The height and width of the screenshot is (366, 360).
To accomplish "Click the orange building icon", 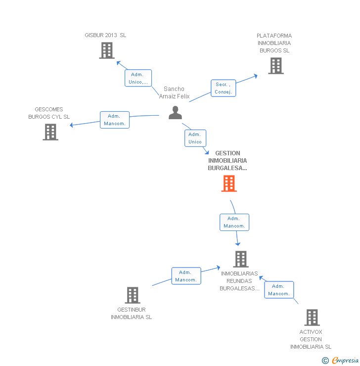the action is tap(229, 183).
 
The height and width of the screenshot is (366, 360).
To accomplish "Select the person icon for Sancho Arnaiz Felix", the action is tap(175, 113).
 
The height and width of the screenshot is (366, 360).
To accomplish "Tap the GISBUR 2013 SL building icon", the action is tap(107, 50).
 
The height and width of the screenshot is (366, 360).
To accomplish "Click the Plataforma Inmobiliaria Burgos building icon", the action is tap(276, 66).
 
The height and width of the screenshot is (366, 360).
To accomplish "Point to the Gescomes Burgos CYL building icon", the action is tap(50, 132).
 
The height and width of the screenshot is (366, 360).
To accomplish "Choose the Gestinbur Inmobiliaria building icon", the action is tap(133, 295).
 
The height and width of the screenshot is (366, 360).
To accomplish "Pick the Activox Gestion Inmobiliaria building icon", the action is tap(312, 318).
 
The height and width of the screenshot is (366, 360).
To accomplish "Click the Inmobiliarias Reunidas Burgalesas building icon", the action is tap(241, 259).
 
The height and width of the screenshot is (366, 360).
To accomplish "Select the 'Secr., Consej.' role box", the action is tap(224, 88).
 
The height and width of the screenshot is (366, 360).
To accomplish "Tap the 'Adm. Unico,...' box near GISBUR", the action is tap(138, 78).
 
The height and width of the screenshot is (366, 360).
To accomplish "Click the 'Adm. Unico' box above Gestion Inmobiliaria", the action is tap(195, 138).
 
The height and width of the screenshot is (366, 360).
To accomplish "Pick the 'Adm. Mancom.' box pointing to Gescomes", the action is tap(115, 120).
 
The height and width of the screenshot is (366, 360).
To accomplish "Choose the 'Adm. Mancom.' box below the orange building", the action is tap(234, 222).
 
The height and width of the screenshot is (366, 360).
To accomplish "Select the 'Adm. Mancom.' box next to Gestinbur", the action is tap(186, 276).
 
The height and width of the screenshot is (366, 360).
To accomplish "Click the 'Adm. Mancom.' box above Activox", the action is tap(279, 290).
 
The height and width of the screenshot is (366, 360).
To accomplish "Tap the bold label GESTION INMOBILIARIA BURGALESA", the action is tap(227, 161).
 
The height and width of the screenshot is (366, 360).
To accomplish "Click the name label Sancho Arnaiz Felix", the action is tap(174, 92).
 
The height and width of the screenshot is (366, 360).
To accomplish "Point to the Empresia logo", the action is tap(340, 361).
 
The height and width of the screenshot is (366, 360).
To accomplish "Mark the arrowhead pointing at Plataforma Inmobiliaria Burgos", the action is tap(256, 76).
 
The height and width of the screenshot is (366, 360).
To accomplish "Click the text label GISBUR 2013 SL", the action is tap(105, 35).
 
